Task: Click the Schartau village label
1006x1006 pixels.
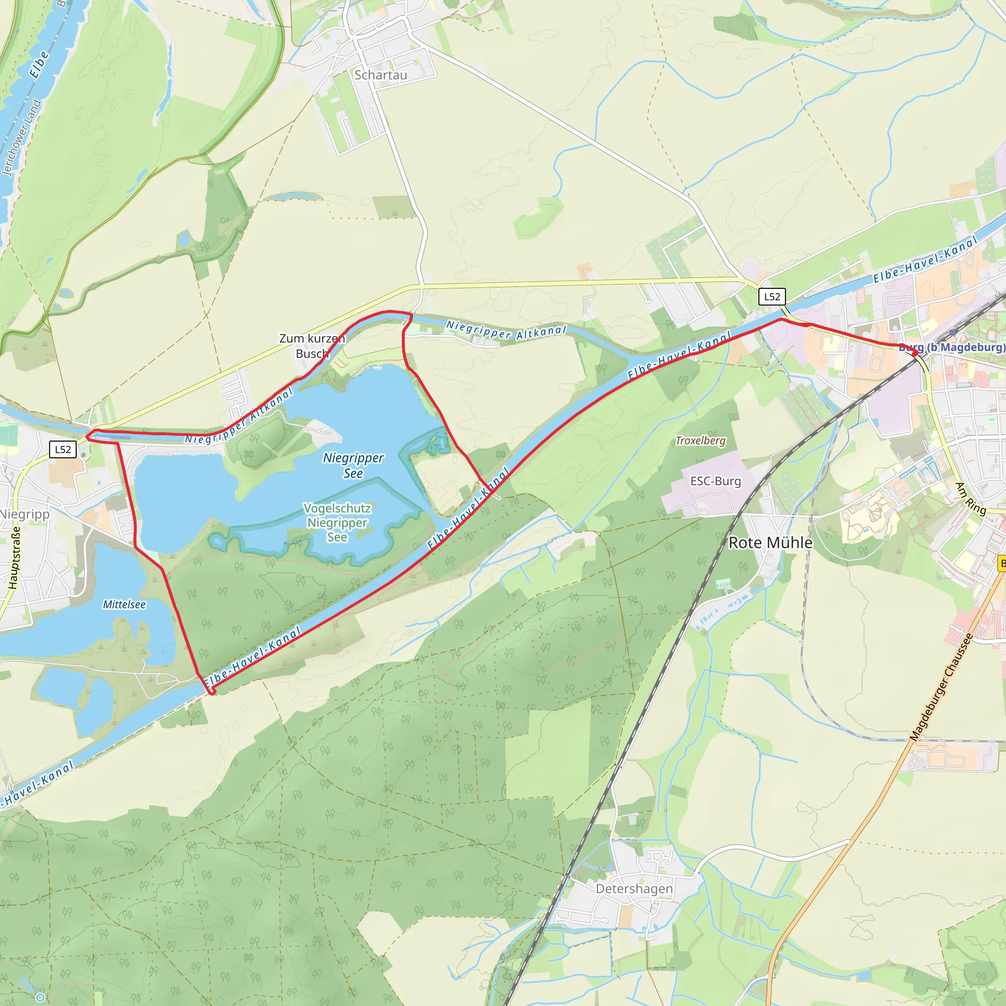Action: (x=381, y=75)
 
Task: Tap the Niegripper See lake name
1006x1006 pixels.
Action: (x=353, y=465)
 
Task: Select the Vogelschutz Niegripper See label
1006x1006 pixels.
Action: (x=337, y=522)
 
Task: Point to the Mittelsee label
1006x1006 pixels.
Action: (x=124, y=605)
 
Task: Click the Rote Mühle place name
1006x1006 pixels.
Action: (x=770, y=543)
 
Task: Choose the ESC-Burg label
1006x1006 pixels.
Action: (x=715, y=481)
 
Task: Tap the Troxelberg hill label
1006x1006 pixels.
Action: (x=700, y=441)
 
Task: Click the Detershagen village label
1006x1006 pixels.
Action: (x=634, y=888)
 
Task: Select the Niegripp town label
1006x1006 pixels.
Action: (x=25, y=514)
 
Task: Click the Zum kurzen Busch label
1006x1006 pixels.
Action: (x=312, y=346)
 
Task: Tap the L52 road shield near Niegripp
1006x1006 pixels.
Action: (x=63, y=449)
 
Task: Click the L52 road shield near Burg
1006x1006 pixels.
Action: (x=772, y=297)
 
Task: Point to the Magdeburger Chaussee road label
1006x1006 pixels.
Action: (x=942, y=687)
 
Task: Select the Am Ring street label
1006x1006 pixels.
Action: (x=971, y=499)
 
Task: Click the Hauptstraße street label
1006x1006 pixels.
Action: (x=15, y=558)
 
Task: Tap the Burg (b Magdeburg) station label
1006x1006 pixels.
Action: (x=952, y=347)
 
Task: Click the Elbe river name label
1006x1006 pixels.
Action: (x=39, y=64)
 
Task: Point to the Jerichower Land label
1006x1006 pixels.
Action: (x=21, y=138)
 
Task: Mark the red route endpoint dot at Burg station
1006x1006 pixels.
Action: (x=915, y=354)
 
